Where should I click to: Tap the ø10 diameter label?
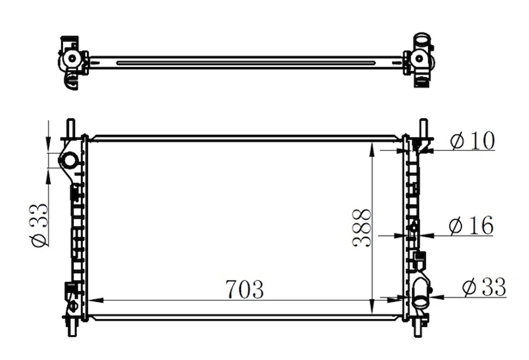coord(472,141)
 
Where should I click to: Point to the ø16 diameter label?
coord(471,225)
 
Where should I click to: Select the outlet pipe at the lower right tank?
coord(421,294)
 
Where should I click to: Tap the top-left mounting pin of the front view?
coord(71,128)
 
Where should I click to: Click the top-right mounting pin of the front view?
coord(423,128)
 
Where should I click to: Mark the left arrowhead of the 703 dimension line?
coord(92,300)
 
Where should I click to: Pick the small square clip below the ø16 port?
coord(420,256)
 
